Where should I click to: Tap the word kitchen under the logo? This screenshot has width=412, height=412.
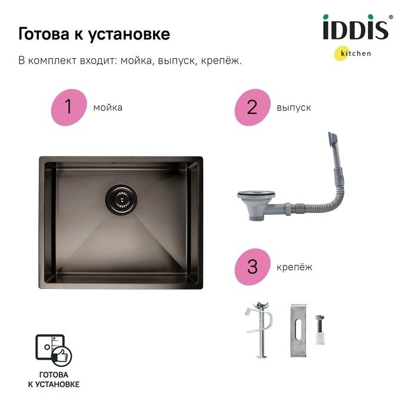(355, 54)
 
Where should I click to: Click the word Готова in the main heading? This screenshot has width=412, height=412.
(44, 34)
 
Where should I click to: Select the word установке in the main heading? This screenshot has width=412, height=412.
(129, 35)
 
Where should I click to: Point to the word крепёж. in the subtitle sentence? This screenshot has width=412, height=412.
(221, 61)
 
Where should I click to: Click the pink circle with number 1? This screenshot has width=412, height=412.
(69, 107)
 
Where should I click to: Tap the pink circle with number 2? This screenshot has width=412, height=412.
(252, 107)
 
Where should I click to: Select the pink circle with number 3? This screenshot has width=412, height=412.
(252, 267)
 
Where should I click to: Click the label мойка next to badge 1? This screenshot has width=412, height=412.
(108, 108)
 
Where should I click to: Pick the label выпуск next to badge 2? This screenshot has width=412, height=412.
(294, 108)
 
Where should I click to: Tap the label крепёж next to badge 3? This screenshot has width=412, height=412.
(294, 267)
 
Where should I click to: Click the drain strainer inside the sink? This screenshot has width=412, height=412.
(121, 200)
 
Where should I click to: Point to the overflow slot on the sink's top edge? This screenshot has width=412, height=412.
(120, 163)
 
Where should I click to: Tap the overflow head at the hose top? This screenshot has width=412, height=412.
(333, 140)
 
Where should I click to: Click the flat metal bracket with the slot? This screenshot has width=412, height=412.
(298, 331)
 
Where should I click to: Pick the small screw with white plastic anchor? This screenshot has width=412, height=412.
(320, 330)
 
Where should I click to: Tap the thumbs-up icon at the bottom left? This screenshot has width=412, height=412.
(61, 356)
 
